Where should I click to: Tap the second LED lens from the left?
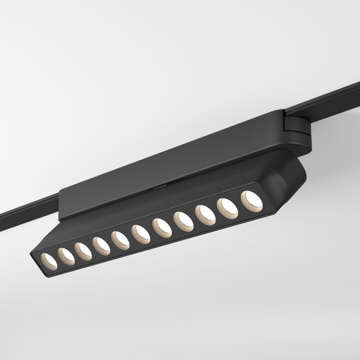(x=66, y=254)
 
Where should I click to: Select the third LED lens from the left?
(x=83, y=251)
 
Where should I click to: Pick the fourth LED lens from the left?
(x=101, y=246)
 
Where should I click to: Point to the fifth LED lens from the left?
(x=120, y=240)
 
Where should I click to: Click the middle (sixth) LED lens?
(x=140, y=234)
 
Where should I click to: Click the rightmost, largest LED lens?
(x=251, y=201)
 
